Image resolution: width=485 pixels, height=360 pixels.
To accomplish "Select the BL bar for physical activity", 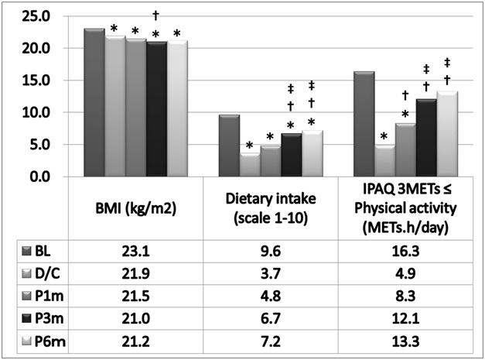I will coord(364,124).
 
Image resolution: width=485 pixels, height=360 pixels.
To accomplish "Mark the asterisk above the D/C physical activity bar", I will coord(384,139).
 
